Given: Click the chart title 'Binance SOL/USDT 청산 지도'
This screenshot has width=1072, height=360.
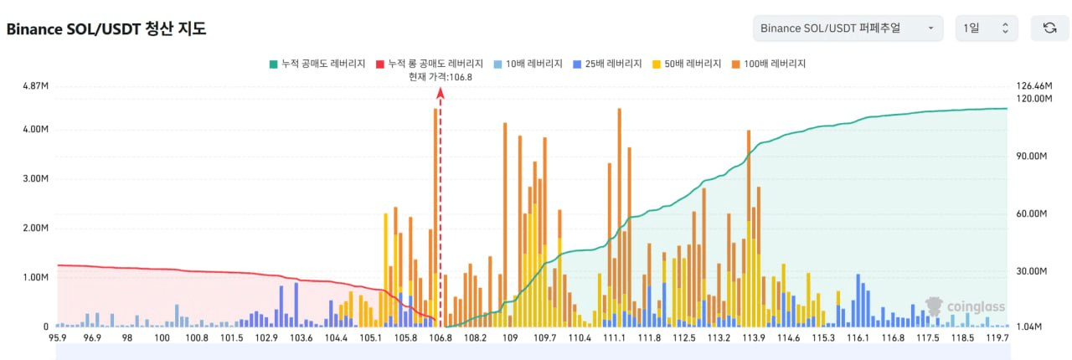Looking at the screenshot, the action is pyautogui.click(x=106, y=28).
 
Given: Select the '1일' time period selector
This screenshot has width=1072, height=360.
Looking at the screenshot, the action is pyautogui.click(x=987, y=28).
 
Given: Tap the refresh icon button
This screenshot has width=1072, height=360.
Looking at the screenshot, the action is pyautogui.click(x=1049, y=28).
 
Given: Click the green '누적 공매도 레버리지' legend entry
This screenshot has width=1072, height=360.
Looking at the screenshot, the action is pyautogui.click(x=317, y=64).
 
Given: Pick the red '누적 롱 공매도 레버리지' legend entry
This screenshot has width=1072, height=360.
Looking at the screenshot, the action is pyautogui.click(x=430, y=64).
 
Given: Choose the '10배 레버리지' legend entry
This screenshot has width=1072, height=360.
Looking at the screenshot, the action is pyautogui.click(x=528, y=64).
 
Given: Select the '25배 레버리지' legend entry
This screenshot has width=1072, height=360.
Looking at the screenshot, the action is pyautogui.click(x=607, y=64).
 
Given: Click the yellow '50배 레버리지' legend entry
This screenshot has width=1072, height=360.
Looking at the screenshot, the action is pyautogui.click(x=687, y=64).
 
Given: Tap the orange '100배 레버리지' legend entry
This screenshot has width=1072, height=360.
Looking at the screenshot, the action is pyautogui.click(x=769, y=64).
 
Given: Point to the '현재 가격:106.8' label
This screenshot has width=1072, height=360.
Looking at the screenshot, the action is pyautogui.click(x=441, y=77).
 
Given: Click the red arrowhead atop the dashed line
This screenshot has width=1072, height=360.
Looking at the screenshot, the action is pyautogui.click(x=441, y=93).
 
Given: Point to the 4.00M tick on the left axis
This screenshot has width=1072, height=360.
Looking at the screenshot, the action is pyautogui.click(x=35, y=129).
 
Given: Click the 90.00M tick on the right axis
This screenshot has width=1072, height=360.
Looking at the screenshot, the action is pyautogui.click(x=1031, y=156).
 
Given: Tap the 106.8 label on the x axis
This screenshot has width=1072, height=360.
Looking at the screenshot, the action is pyautogui.click(x=441, y=338).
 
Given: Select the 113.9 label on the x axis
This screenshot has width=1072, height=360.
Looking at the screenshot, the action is pyautogui.click(x=754, y=338).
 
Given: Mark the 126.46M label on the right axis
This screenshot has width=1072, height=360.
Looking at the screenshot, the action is pyautogui.click(x=1034, y=85).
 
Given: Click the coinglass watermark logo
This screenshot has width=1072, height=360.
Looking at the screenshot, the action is pyautogui.click(x=965, y=306).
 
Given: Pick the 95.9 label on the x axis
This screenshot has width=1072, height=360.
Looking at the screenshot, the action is pyautogui.click(x=58, y=338).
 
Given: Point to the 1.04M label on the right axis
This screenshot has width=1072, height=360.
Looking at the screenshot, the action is pyautogui.click(x=1029, y=327).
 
